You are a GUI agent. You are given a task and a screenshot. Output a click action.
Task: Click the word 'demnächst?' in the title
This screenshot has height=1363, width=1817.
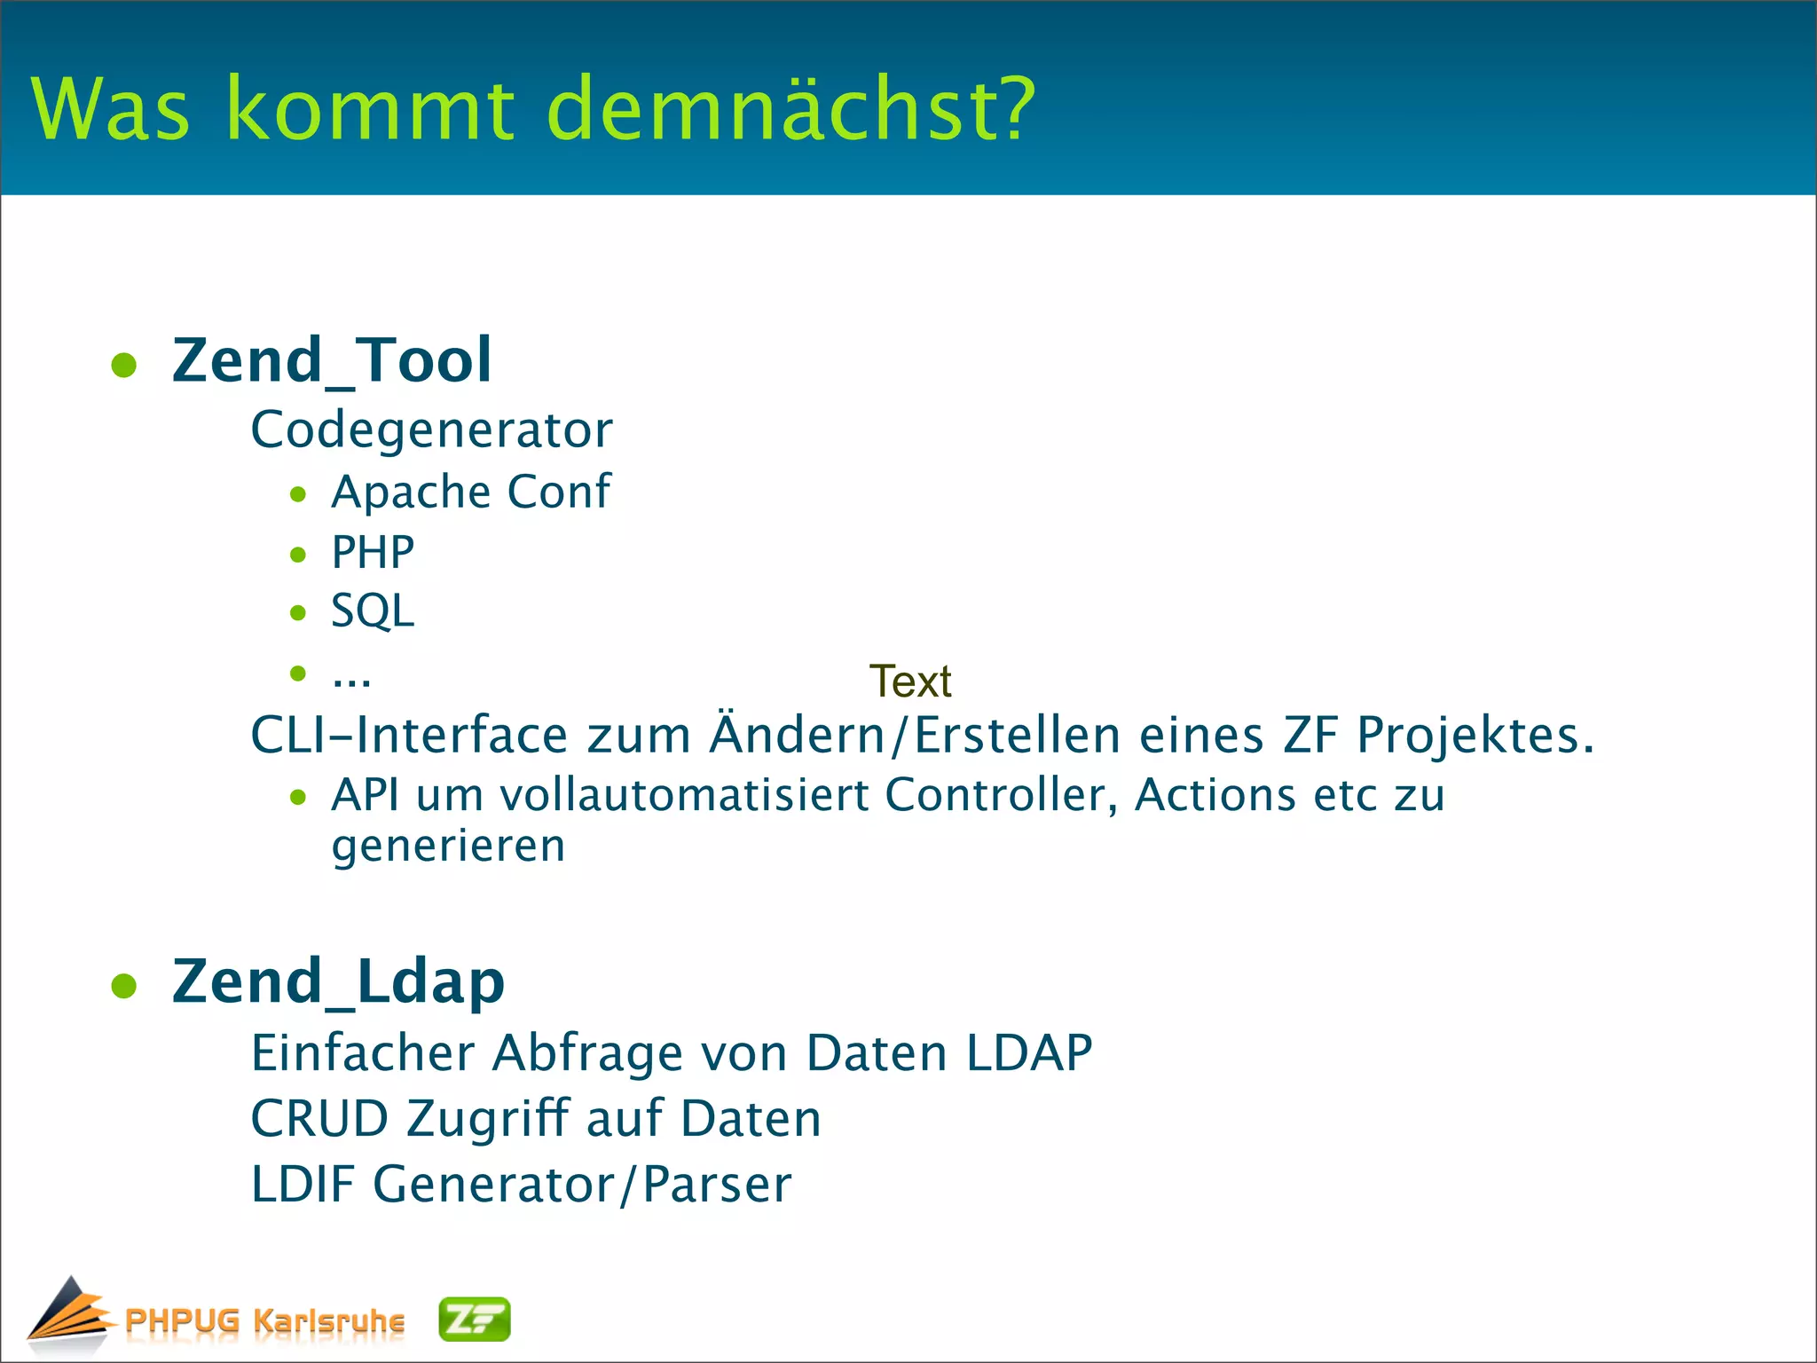pos(790,109)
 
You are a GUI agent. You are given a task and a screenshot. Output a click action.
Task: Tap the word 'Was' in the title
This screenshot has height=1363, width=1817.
pos(111,109)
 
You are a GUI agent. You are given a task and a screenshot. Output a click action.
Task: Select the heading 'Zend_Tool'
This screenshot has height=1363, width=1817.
pos(331,360)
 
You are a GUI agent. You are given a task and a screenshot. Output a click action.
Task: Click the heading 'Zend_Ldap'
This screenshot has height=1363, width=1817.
pos(338,982)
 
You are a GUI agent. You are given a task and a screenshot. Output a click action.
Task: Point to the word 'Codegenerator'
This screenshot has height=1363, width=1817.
pos(431,430)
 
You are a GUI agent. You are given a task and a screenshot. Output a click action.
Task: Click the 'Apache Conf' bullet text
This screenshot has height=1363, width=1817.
pos(470,492)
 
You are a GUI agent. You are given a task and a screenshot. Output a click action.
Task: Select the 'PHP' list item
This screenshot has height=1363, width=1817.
pos(373,552)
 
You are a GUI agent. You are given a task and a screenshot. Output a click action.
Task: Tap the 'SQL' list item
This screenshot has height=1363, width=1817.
pos(373,611)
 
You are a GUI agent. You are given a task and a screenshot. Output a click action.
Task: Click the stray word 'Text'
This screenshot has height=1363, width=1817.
pos(909,681)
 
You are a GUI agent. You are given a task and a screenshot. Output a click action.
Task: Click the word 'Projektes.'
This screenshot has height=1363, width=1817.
pos(1475,737)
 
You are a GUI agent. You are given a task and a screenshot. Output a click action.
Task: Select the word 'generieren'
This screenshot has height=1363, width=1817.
pos(448,847)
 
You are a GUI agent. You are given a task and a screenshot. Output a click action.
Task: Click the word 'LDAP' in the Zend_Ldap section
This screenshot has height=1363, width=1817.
pos(1028,1053)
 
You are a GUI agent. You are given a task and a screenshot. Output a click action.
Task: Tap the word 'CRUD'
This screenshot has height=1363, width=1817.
pos(319,1118)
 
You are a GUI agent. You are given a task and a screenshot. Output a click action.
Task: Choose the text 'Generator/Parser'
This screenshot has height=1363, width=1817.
pos(581,1185)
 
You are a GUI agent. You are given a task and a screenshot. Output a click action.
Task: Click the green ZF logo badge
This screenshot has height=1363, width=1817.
pos(475,1320)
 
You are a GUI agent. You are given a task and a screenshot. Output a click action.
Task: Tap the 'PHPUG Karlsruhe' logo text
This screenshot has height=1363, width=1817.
pos(264,1320)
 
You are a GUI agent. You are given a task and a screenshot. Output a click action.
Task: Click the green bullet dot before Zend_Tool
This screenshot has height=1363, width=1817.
pos(124,366)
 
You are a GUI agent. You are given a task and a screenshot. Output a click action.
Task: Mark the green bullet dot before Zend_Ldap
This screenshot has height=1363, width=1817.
pos(124,986)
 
